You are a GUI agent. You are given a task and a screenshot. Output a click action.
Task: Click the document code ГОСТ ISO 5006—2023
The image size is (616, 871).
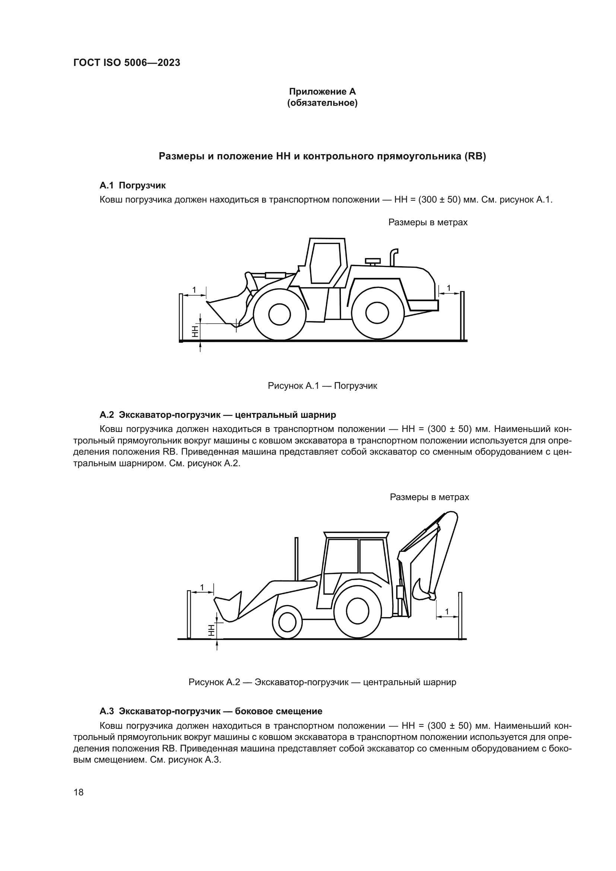pos(127,63)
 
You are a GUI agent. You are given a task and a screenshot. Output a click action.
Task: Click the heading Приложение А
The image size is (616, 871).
pos(322,92)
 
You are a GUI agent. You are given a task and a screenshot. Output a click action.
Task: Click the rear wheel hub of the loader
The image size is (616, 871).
pos(377,314)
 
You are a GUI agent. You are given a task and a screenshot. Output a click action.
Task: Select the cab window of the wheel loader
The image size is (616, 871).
pos(325,263)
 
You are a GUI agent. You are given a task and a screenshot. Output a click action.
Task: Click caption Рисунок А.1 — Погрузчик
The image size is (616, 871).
pos(322,386)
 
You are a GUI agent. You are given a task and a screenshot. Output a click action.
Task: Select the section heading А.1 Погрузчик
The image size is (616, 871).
pos(132,185)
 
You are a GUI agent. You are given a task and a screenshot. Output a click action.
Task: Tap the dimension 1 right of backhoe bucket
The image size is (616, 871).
pos(447,612)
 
